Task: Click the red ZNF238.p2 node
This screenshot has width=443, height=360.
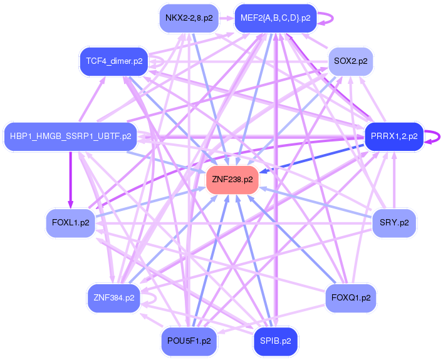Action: [232, 180]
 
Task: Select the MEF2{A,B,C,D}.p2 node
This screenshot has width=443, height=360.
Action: [275, 18]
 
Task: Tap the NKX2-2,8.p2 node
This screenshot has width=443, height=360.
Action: [189, 18]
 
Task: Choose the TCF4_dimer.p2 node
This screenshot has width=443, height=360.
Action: [110, 61]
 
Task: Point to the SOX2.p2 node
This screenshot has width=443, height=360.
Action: [351, 61]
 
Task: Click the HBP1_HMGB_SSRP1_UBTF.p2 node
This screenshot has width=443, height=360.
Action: [71, 135]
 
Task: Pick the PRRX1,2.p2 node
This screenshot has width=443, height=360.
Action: [393, 136]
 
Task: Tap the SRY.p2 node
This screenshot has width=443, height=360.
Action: [394, 222]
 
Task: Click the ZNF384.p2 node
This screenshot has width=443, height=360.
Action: [113, 298]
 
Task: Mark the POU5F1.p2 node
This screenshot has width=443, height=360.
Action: [189, 341]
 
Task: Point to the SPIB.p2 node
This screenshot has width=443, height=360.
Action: [275, 341]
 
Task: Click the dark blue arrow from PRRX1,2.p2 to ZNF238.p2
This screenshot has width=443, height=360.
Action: [313, 157]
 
